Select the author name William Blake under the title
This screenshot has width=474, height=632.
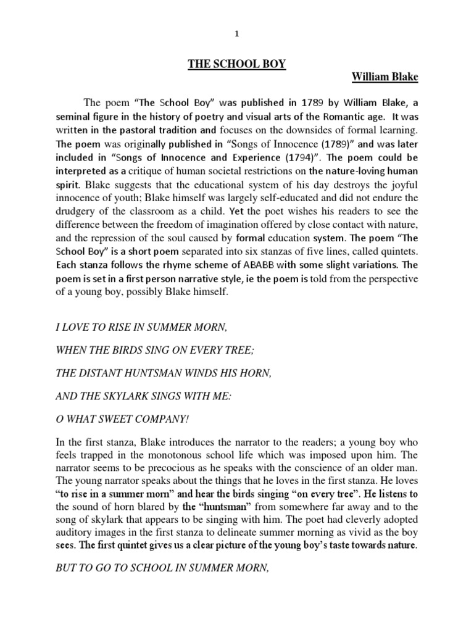tap(385, 78)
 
